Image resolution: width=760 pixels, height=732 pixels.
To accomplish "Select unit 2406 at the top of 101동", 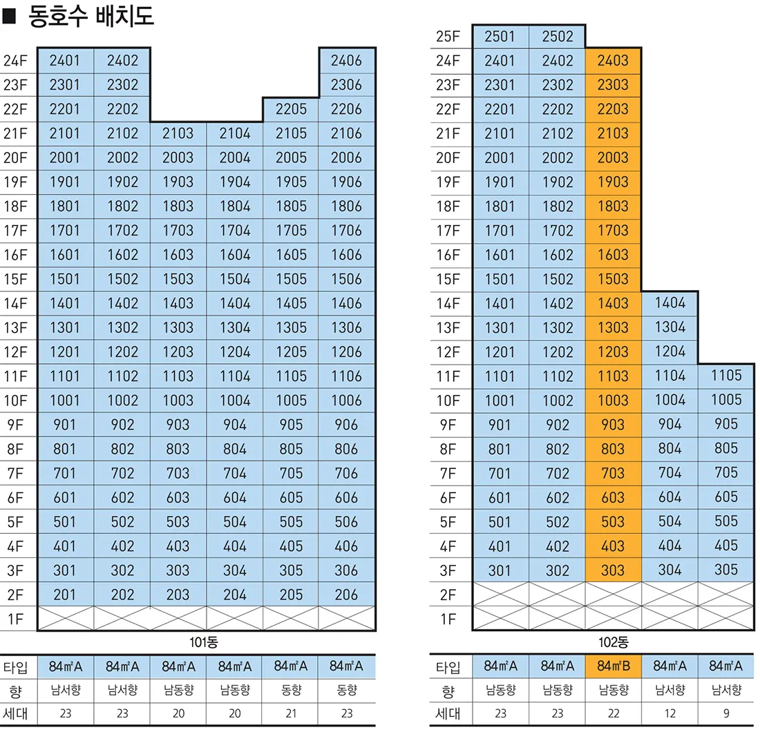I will coord(346,61).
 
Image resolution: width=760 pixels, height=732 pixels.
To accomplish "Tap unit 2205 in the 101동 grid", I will coord(291,109).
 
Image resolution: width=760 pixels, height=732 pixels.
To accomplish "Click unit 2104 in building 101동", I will coord(235,133).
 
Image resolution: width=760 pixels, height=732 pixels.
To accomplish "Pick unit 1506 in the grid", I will coord(346,279).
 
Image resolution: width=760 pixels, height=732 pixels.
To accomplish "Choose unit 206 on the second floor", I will coord(346,595).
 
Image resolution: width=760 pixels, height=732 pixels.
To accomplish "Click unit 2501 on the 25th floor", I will coord(500,37).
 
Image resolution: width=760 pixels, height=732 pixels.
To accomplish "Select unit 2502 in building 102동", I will coord(557,37).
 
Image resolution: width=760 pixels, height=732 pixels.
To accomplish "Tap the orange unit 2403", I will coord(613,61).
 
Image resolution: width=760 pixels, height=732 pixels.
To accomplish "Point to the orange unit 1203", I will coord(613,352).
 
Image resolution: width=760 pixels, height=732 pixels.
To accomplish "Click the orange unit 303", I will coord(613,571).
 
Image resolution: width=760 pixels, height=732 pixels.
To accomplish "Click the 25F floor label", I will coord(448,37).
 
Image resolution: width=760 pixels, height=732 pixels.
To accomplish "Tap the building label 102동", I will coord(614,642).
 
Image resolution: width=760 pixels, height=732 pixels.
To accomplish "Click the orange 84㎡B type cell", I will coord(613,666).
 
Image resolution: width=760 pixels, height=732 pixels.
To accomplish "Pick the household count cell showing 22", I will coord(613,713).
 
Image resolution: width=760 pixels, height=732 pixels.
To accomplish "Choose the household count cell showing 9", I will coord(725,713).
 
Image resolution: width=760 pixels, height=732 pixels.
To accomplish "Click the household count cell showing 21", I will coord(291,713).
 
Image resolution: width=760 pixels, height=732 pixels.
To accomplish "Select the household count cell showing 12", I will coord(669,713).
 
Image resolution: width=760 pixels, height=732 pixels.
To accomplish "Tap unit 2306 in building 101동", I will coord(346,85).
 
